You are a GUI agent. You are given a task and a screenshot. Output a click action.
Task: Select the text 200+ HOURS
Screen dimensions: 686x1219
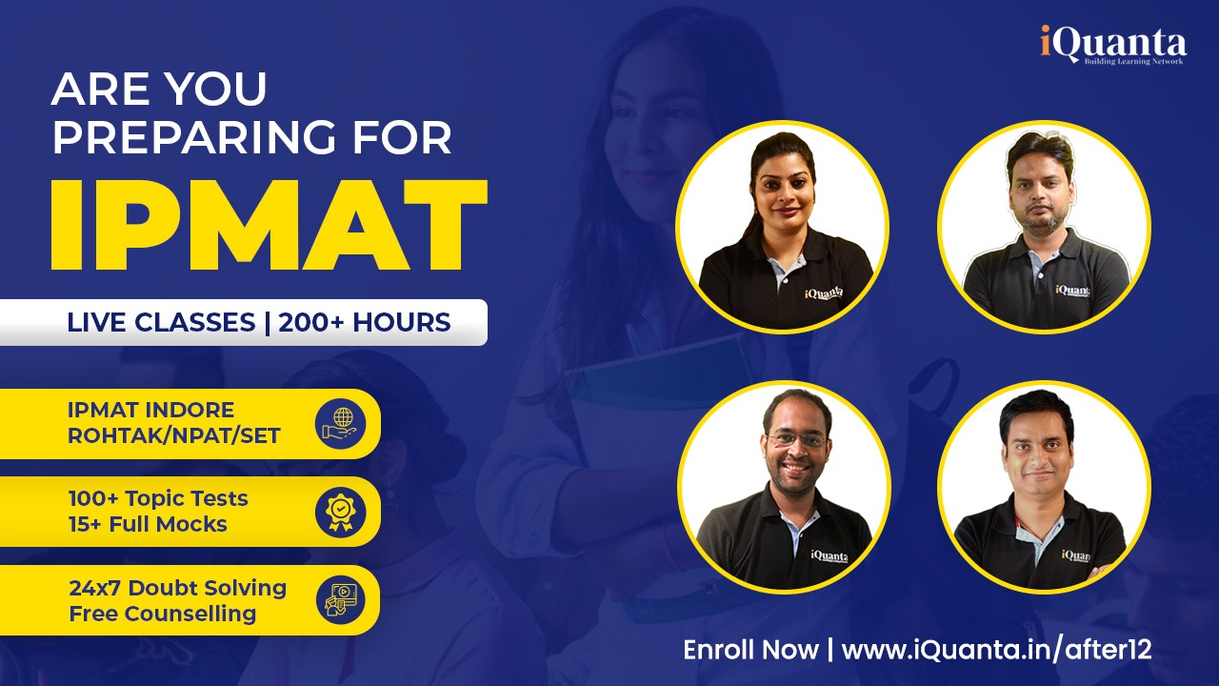tap(361, 322)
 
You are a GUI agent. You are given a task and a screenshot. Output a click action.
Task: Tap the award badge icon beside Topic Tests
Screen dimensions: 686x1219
tap(340, 512)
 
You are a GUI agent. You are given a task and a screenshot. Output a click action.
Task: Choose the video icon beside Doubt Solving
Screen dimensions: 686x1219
tap(340, 599)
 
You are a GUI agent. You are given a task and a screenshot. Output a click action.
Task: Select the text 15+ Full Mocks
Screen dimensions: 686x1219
tap(148, 524)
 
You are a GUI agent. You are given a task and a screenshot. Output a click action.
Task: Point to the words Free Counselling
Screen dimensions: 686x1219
tap(162, 613)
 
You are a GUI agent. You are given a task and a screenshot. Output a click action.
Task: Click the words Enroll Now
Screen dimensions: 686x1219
tap(750, 650)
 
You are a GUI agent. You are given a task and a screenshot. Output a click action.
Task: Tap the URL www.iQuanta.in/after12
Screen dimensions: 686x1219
tap(997, 650)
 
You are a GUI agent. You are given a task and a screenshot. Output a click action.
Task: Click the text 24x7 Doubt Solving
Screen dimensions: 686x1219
tap(177, 588)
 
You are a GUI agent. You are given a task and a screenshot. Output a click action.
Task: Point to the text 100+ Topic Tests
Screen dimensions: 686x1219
tap(158, 498)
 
